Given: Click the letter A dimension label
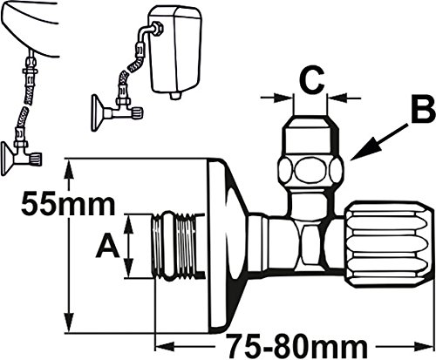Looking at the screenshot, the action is click(x=108, y=247).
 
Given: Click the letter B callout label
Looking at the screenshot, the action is click(x=423, y=111).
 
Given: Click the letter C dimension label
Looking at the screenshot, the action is click(x=311, y=79).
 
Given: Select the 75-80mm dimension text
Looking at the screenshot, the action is click(x=297, y=347).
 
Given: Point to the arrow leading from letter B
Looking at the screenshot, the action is click(x=379, y=141).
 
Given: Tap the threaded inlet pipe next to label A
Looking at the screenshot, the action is click(x=178, y=247).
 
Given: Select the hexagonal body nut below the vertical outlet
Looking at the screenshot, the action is click(x=310, y=246).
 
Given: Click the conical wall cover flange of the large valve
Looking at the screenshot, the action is click(x=228, y=246).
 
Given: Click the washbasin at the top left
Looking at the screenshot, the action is click(x=29, y=28).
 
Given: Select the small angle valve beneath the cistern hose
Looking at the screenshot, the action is click(x=117, y=112).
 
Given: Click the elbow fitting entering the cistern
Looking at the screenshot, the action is click(x=152, y=31).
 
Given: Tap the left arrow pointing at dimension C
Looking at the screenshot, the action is click(x=277, y=98).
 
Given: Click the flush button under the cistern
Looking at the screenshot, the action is click(x=175, y=95).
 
